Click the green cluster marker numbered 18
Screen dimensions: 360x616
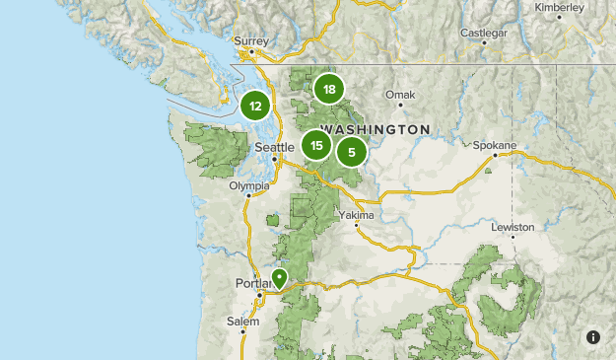pyautogui.click(x=328, y=90)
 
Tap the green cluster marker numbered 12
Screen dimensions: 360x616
pyautogui.click(x=255, y=106)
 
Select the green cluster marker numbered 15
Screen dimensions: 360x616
pyautogui.click(x=315, y=146)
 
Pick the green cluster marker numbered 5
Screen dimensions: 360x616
pyautogui.click(x=351, y=152)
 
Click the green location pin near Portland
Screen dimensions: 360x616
pyautogui.click(x=280, y=278)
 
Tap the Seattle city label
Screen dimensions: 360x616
pyautogui.click(x=274, y=147)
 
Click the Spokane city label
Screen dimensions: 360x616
pyautogui.click(x=494, y=145)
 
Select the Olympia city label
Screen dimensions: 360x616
pyautogui.click(x=248, y=185)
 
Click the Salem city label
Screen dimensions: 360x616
pyautogui.click(x=242, y=321)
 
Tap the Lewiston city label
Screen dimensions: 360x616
pyautogui.click(x=513, y=227)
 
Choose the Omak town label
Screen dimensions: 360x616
pyautogui.click(x=400, y=96)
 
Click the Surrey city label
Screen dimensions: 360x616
pyautogui.click(x=250, y=40)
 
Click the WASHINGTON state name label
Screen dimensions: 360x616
pyautogui.click(x=376, y=130)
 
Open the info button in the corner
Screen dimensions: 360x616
pyautogui.click(x=593, y=337)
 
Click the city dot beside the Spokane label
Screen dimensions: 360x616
pyautogui.click(x=511, y=156)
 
